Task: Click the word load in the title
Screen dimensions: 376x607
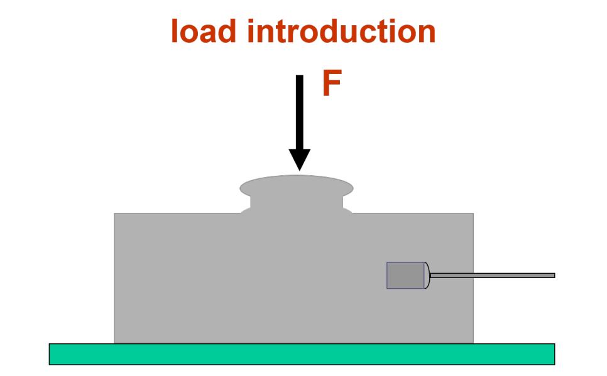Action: pyautogui.click(x=202, y=31)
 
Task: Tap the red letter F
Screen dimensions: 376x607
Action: pyautogui.click(x=331, y=83)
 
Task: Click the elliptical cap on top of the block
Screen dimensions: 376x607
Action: pyautogui.click(x=297, y=186)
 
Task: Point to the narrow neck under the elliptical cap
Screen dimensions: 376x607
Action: pyautogui.click(x=297, y=203)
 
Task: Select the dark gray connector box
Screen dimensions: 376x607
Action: pyautogui.click(x=405, y=276)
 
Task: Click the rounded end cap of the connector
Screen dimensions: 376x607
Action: pyautogui.click(x=427, y=276)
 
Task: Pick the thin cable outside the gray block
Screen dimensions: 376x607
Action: pyautogui.click(x=513, y=275)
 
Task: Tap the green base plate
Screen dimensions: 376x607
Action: pyautogui.click(x=302, y=354)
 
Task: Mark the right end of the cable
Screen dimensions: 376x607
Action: pyautogui.click(x=553, y=275)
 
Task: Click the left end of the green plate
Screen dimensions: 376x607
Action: pyautogui.click(x=52, y=354)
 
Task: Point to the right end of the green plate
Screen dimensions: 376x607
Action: pyautogui.click(x=552, y=354)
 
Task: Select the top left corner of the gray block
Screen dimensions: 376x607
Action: pyautogui.click(x=115, y=214)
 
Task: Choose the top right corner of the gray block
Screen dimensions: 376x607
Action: pyautogui.click(x=473, y=214)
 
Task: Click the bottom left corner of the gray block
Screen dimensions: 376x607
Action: pyautogui.click(x=115, y=342)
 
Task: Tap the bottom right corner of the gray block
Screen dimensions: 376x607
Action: pyautogui.click(x=473, y=342)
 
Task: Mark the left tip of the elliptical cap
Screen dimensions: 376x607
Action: pyautogui.click(x=241, y=188)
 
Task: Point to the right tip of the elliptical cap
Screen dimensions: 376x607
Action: pyautogui.click(x=353, y=188)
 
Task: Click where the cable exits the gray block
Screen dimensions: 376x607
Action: pyautogui.click(x=473, y=275)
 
